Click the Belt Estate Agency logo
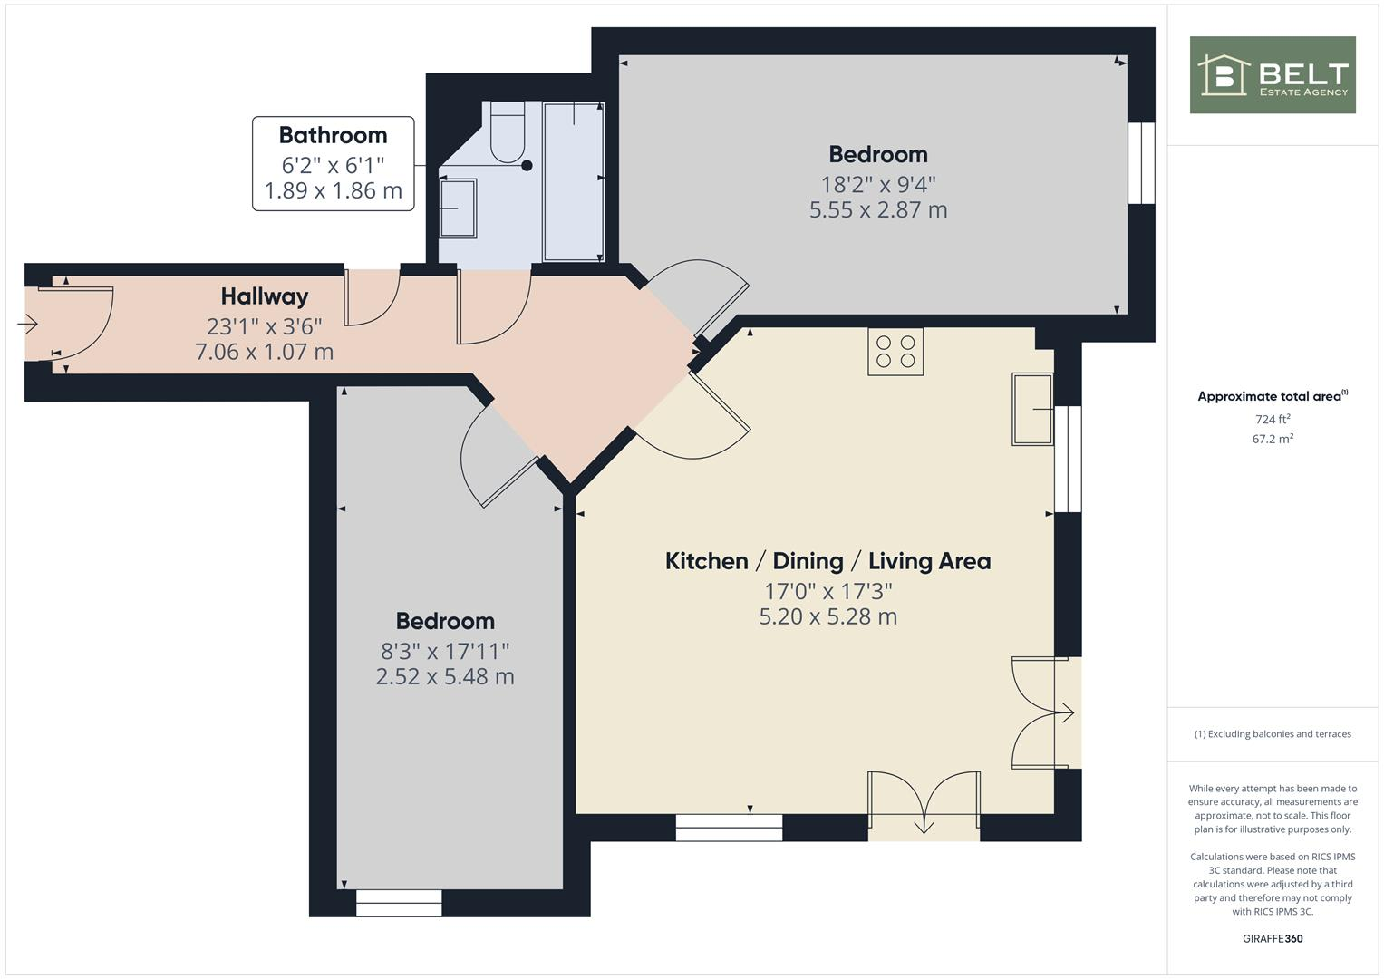[1272, 74]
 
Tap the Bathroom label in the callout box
[333, 135]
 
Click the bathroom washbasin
[458, 208]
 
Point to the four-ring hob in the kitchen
[895, 352]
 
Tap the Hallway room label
[265, 296]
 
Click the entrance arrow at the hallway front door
[27, 323]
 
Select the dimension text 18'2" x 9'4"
[877, 184]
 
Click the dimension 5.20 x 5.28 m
[827, 617]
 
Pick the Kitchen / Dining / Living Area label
[827, 561]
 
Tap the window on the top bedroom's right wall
[1141, 163]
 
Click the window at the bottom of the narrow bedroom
[399, 903]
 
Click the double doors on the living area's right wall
[1042, 713]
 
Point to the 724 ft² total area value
[1272, 419]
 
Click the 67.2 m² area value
[1272, 439]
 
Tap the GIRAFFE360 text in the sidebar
[1272, 938]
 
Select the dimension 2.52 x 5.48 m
[445, 677]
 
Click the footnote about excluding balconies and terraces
[1272, 734]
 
